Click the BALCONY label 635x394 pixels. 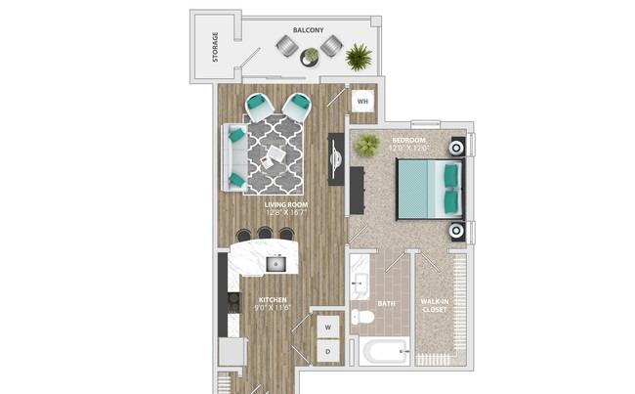[308, 30]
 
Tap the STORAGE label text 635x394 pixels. [215, 47]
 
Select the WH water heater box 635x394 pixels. [362, 102]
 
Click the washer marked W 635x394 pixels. [327, 327]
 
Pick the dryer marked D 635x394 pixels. [327, 351]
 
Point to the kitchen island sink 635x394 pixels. [275, 264]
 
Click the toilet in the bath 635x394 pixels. [362, 317]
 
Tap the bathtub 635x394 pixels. [384, 351]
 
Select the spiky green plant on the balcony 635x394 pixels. [359, 57]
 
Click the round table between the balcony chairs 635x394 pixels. [310, 57]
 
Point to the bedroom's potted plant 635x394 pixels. [367, 145]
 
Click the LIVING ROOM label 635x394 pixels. [286, 204]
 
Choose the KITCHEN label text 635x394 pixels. [273, 300]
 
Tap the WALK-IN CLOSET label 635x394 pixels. [435, 306]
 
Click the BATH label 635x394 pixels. [386, 304]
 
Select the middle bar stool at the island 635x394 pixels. [265, 234]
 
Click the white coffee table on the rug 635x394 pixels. [273, 157]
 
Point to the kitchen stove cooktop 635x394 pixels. [233, 301]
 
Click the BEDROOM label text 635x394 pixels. [408, 140]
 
